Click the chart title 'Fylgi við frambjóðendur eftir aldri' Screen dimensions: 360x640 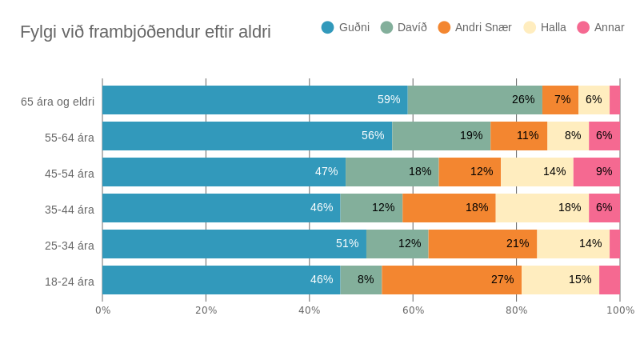click(x=145, y=32)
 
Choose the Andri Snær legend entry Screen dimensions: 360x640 click(x=474, y=27)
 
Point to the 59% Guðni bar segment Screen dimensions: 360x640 click(x=254, y=100)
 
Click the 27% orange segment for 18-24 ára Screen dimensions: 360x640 click(x=451, y=280)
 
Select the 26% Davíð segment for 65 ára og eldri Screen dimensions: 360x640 click(x=474, y=100)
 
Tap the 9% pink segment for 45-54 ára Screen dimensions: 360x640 click(x=597, y=172)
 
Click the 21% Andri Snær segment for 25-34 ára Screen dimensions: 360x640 click(x=482, y=244)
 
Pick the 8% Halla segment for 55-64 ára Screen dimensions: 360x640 click(x=568, y=136)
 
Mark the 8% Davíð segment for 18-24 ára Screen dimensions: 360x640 click(x=361, y=280)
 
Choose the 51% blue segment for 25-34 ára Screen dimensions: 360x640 click(x=234, y=244)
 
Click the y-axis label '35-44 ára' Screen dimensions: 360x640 click(x=69, y=210)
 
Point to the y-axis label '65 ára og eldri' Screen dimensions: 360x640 click(x=58, y=102)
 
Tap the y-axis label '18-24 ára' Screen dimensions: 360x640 click(x=69, y=282)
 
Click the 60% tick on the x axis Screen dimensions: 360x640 click(x=413, y=310)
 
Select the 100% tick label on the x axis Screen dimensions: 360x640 click(x=620, y=310)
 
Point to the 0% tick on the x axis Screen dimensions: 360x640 click(x=103, y=310)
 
